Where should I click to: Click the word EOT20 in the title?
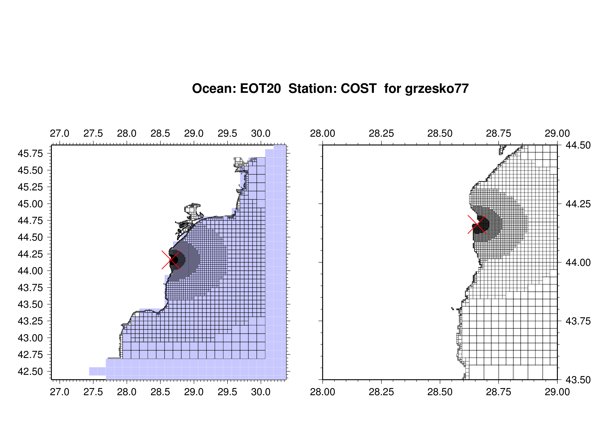click(x=260, y=88)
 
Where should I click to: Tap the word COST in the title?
click(x=359, y=88)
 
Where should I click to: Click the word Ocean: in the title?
click(x=214, y=88)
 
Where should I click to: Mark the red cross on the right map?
click(x=477, y=224)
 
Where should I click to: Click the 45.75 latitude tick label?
click(x=30, y=154)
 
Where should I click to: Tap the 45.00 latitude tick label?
click(x=30, y=204)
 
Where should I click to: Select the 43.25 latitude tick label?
click(x=30, y=321)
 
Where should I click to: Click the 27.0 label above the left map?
click(x=59, y=133)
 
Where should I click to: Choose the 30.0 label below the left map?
click(x=261, y=392)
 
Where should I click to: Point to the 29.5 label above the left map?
click(x=227, y=133)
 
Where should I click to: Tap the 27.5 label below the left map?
click(x=93, y=392)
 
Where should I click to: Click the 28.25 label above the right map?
click(x=381, y=133)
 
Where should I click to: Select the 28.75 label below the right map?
click(x=498, y=392)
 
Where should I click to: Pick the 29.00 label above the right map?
click(x=557, y=133)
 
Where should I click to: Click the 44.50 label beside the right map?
click(x=578, y=145)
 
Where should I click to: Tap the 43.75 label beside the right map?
click(x=578, y=321)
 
